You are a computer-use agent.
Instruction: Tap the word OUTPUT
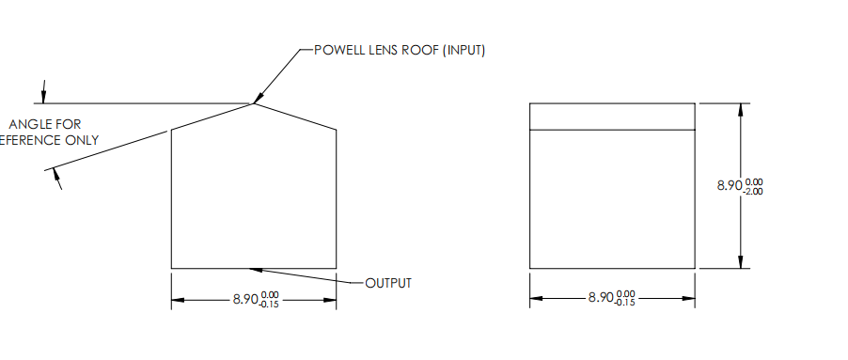tap(388, 283)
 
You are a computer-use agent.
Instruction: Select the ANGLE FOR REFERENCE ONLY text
tap(52, 133)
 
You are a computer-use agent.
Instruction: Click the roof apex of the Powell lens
tap(253, 102)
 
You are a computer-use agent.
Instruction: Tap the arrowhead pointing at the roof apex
tap(258, 97)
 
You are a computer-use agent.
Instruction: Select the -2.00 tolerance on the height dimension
tap(753, 191)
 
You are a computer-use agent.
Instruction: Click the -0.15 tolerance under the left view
tap(269, 305)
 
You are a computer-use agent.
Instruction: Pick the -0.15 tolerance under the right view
tap(625, 303)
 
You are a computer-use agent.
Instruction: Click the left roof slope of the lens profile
tap(212, 117)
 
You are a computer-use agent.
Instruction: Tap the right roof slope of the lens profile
tap(295, 116)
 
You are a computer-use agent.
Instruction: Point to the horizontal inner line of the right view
tap(613, 129)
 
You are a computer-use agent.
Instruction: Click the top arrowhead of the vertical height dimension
tap(742, 108)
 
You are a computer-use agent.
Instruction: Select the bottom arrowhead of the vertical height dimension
tap(742, 262)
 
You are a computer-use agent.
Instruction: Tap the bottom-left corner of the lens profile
tap(171, 268)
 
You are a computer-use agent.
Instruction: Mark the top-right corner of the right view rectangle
tap(697, 103)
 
